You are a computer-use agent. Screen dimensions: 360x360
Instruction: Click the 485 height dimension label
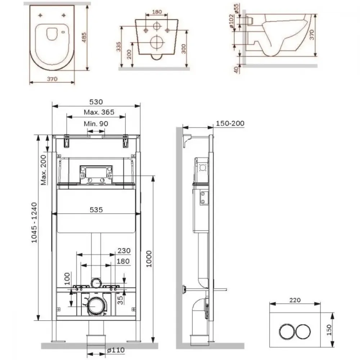click(84, 37)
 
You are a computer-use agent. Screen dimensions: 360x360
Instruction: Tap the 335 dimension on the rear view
click(118, 46)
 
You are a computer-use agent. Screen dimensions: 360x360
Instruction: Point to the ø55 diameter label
click(237, 9)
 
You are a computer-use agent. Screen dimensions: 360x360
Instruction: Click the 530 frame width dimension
click(96, 102)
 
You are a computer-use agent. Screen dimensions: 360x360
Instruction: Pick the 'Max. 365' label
click(99, 112)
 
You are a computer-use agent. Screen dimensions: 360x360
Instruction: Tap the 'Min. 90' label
click(96, 123)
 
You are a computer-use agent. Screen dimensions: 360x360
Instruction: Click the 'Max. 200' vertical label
click(44, 170)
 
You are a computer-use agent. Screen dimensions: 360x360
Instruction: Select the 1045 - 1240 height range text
click(34, 222)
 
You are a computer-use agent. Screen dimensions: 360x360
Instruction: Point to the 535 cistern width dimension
click(96, 210)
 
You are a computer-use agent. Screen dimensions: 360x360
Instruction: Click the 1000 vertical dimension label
click(149, 259)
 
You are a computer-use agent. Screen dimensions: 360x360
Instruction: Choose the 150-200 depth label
click(230, 123)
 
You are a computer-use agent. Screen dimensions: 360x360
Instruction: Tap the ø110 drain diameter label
click(116, 350)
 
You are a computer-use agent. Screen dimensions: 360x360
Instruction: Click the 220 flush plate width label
click(295, 300)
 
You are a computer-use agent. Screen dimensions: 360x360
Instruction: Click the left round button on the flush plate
click(287, 332)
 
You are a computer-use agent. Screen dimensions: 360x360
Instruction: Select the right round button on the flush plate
click(303, 332)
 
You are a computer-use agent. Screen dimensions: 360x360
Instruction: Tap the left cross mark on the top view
click(40, 15)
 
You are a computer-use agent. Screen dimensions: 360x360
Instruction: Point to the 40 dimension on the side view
click(236, 69)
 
